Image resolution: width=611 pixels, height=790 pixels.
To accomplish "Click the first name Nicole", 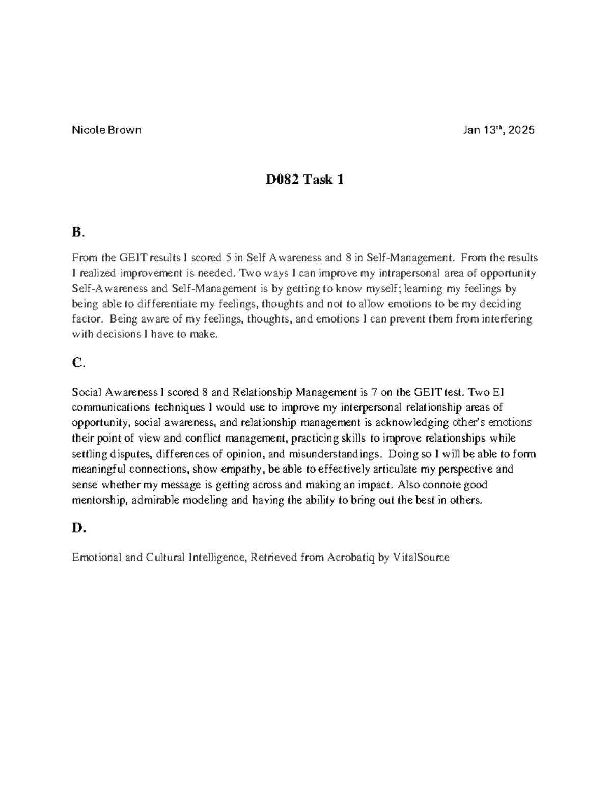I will (88, 130).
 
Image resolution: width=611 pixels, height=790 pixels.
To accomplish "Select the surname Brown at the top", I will (124, 130).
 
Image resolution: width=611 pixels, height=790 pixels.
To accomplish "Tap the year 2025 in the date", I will (521, 130).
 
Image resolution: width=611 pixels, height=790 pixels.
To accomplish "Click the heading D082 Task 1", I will (304, 179).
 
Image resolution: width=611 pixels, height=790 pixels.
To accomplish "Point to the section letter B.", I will (77, 232).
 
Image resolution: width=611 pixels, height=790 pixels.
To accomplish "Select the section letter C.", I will (77, 363).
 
